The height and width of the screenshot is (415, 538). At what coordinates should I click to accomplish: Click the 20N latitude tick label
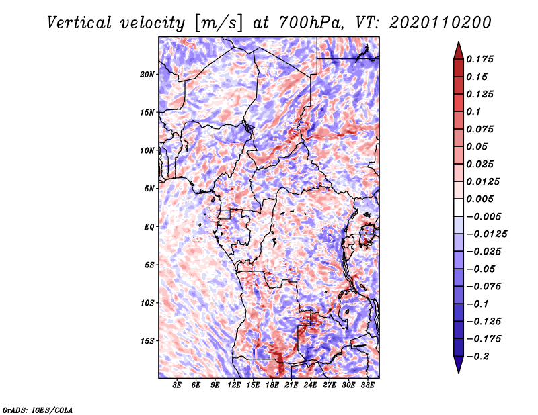(x=148, y=74)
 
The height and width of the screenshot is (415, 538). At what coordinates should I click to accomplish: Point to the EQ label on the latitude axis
(x=149, y=227)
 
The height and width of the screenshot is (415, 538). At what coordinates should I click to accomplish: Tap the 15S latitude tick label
(x=148, y=341)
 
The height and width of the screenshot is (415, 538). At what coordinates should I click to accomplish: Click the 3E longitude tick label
(x=177, y=385)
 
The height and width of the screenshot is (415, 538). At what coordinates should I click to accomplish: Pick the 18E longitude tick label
(x=272, y=385)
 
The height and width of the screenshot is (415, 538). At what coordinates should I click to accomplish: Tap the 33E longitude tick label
(x=368, y=385)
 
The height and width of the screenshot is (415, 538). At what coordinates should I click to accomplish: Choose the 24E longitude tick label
(x=311, y=385)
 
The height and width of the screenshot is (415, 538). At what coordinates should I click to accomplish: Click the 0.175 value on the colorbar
(x=482, y=60)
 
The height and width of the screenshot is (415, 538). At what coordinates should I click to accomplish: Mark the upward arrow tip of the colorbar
(x=458, y=43)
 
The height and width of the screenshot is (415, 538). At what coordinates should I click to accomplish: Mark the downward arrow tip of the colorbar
(x=458, y=372)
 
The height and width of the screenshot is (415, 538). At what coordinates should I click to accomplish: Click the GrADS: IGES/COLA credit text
(x=38, y=409)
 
